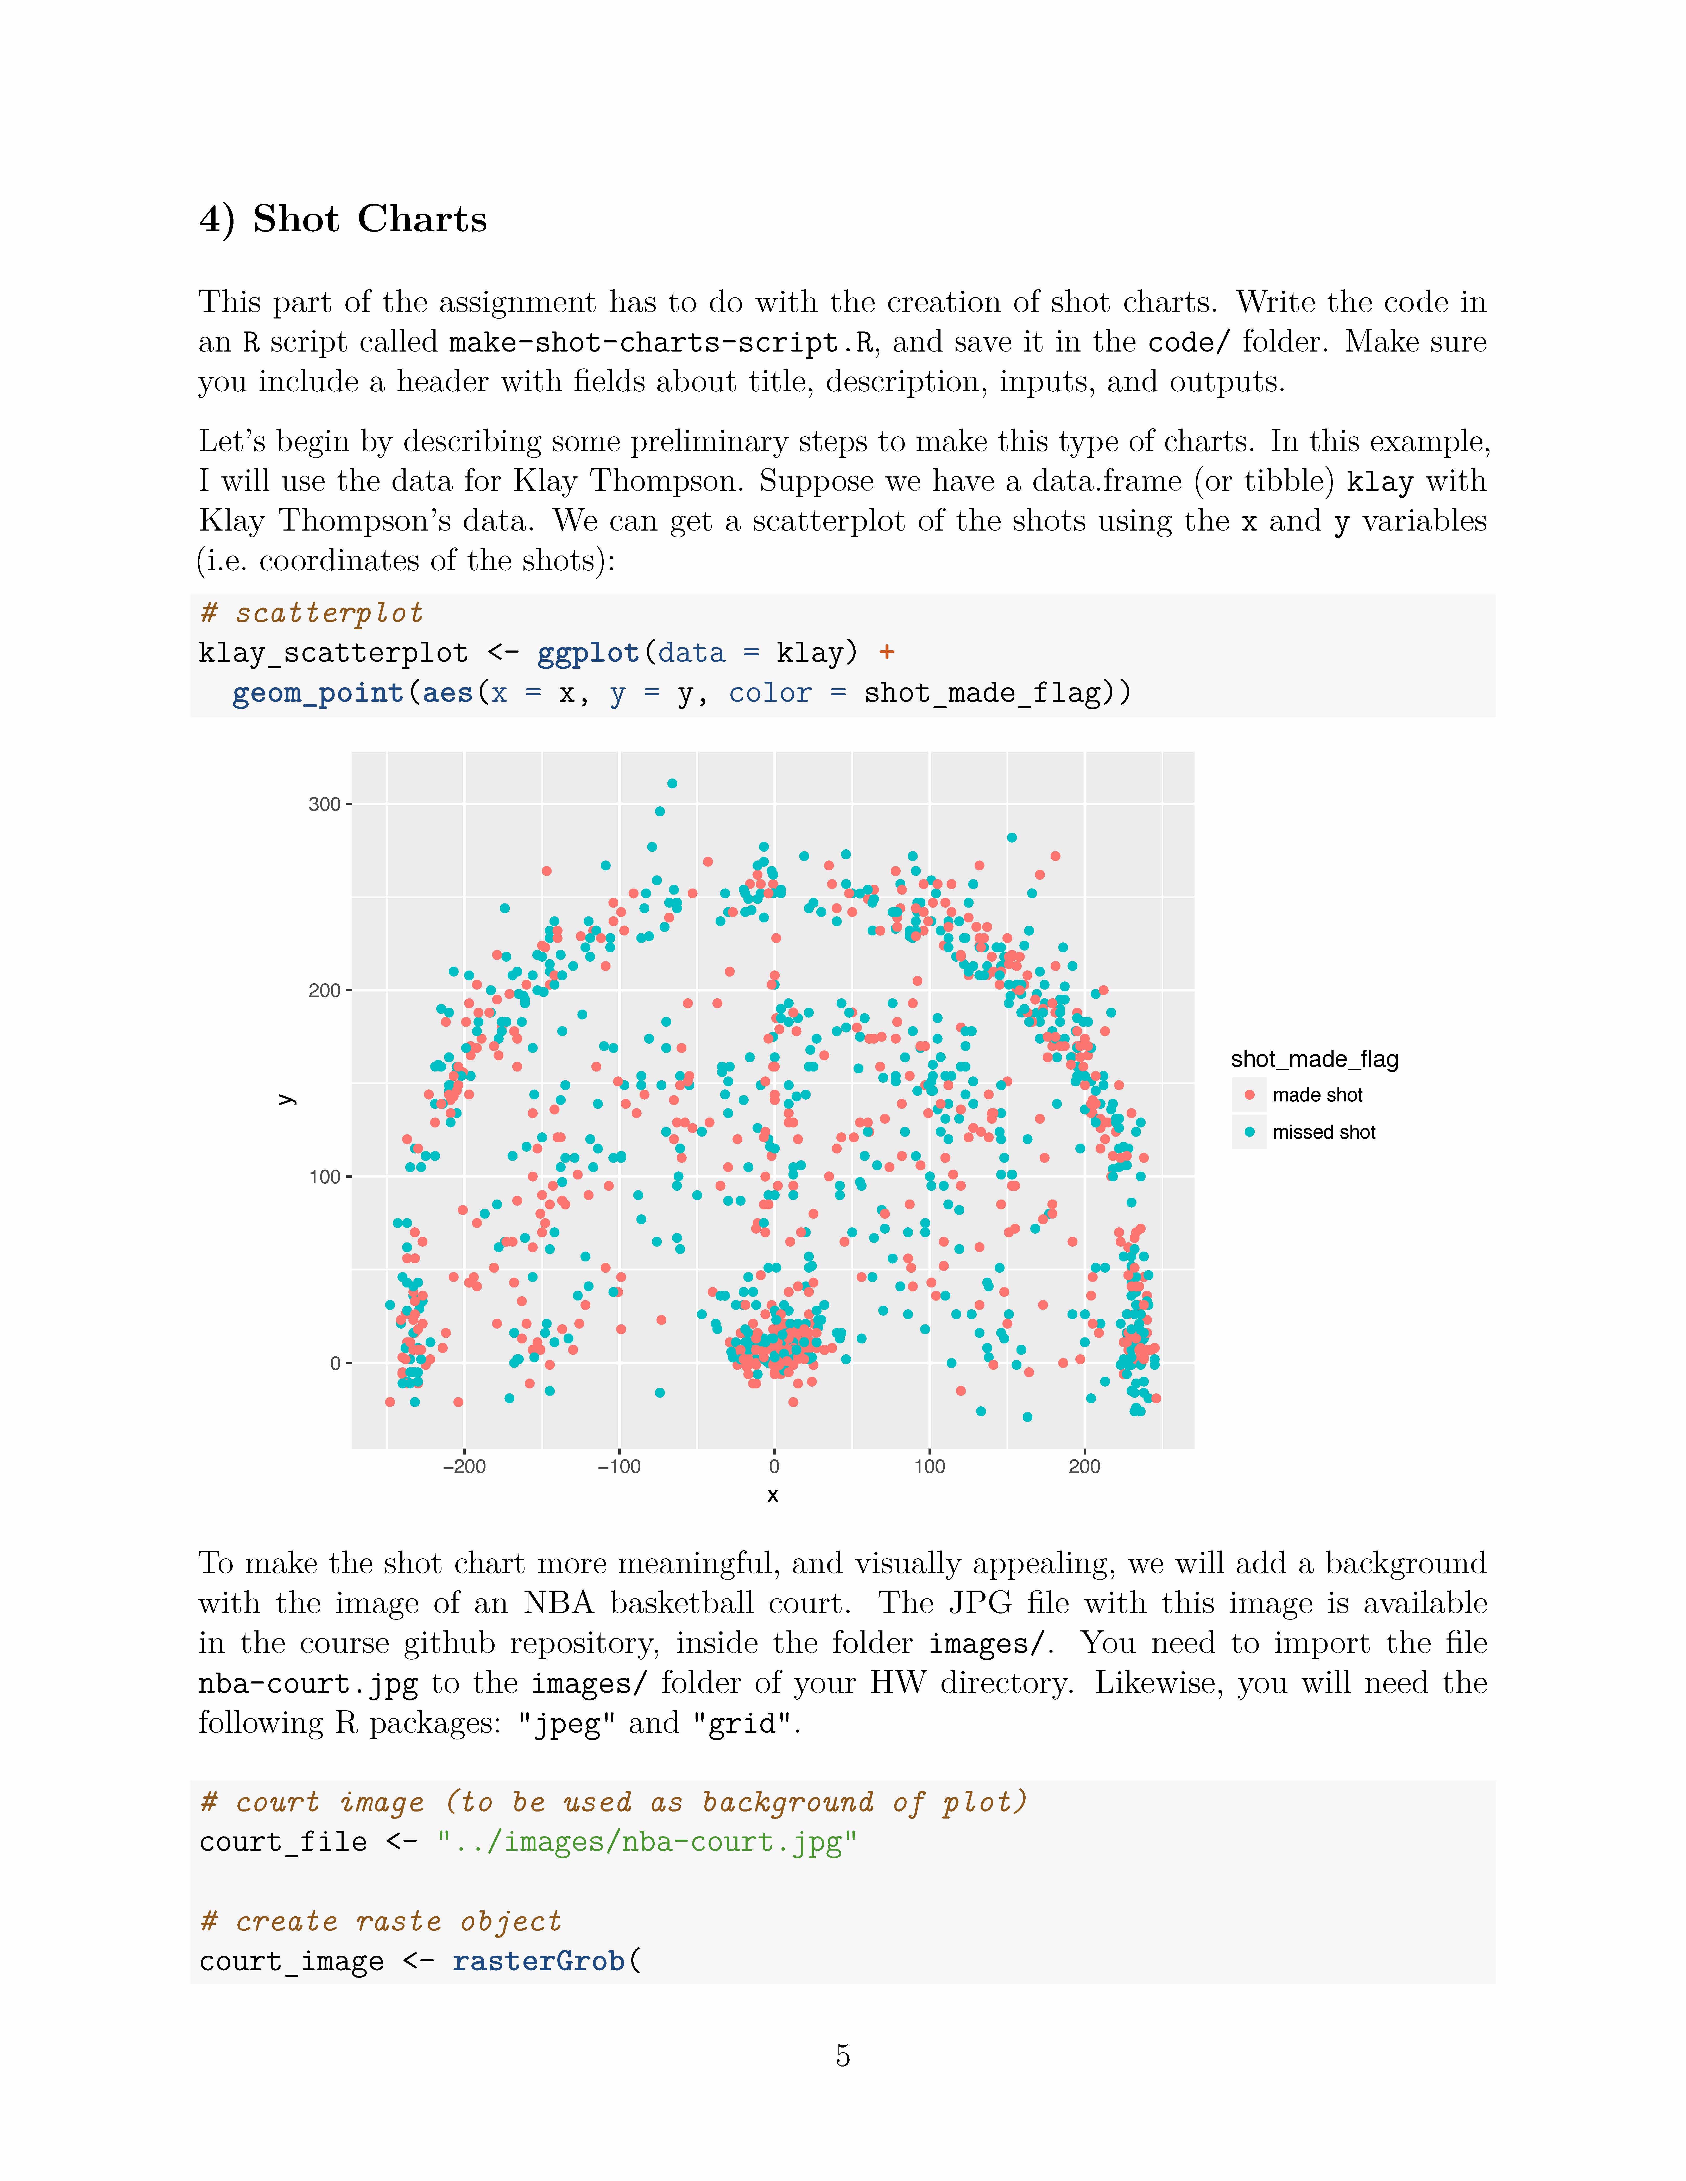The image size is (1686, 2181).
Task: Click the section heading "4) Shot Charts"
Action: (x=343, y=219)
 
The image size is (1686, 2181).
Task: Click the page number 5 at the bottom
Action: (x=842, y=2055)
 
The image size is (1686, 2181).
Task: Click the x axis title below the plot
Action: (x=772, y=1495)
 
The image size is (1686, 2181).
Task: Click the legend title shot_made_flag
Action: (x=1314, y=1060)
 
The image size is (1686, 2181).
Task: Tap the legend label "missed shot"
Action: (x=1323, y=1132)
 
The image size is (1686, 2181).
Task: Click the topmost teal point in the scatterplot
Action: (x=672, y=784)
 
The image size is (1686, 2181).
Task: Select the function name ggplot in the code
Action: (x=587, y=653)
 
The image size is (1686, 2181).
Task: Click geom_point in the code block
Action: (x=318, y=693)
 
